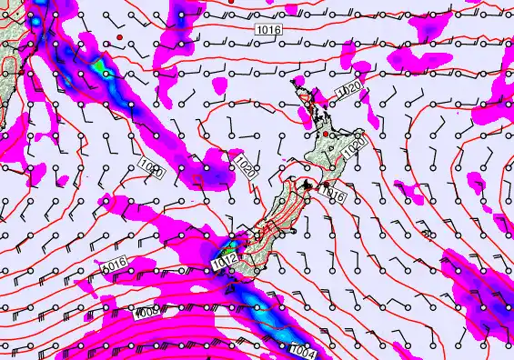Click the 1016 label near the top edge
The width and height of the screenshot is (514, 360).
(x=268, y=30)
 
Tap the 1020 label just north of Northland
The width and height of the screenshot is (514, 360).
(x=348, y=91)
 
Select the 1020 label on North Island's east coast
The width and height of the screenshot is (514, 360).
(x=357, y=143)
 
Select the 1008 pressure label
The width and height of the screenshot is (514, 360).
(x=148, y=314)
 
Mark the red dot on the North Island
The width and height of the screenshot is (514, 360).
(x=325, y=135)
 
